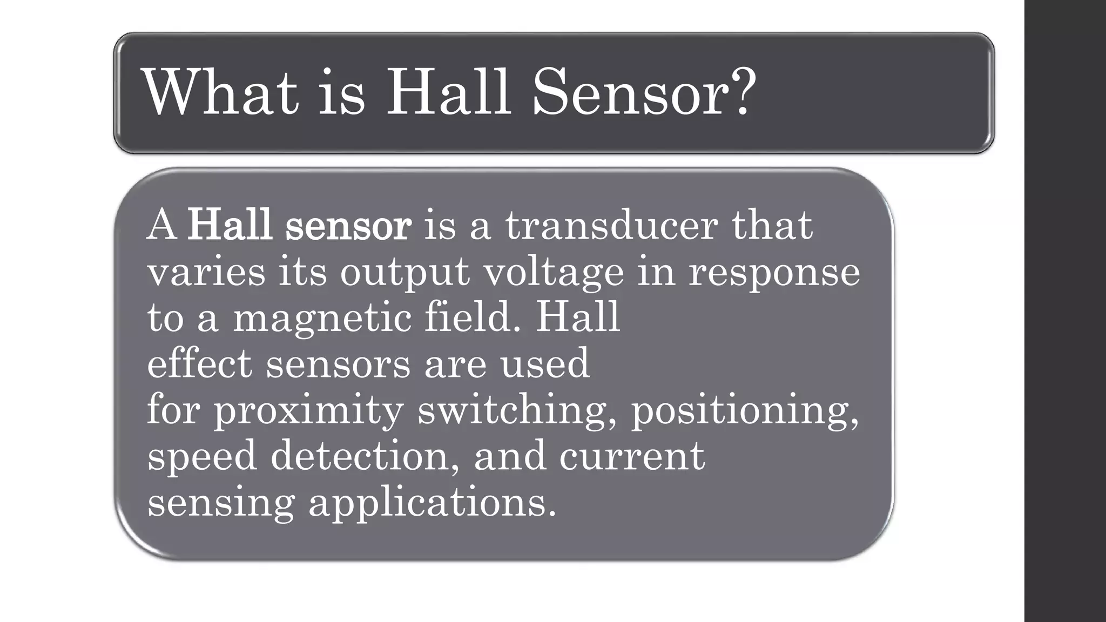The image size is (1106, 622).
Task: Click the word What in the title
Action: click(220, 92)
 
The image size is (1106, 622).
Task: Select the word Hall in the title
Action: click(448, 92)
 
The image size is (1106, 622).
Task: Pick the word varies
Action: click(206, 272)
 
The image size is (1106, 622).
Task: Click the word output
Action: click(404, 272)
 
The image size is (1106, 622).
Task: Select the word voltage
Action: click(554, 273)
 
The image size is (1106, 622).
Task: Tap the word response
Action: click(774, 273)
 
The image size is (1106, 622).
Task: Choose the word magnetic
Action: click(322, 319)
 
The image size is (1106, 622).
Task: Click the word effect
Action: click(199, 363)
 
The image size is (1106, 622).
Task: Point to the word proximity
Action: click(308, 410)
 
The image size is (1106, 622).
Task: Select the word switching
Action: click(517, 410)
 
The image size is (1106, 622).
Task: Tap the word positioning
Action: click(745, 410)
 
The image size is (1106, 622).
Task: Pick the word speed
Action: click(202, 457)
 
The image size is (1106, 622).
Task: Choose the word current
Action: click(632, 457)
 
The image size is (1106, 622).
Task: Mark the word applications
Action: click(432, 503)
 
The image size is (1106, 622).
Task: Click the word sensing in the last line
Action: click(221, 503)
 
